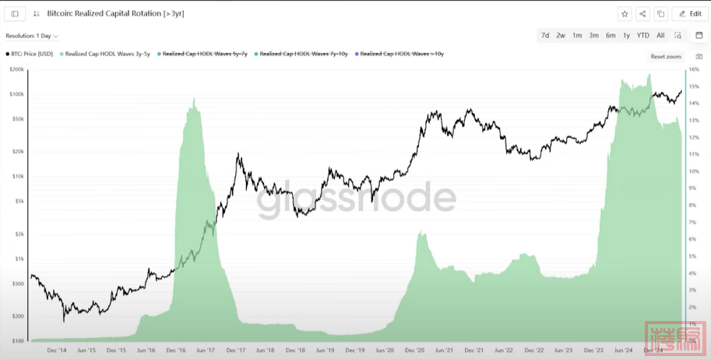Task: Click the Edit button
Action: (x=690, y=14)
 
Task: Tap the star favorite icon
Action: (x=625, y=14)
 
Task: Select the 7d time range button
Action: (x=545, y=35)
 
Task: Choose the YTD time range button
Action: (x=642, y=35)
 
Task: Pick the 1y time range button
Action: (x=626, y=35)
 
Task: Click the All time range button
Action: (x=660, y=35)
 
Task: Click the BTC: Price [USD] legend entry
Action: (x=30, y=54)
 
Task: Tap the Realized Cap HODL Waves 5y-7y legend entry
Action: (x=200, y=54)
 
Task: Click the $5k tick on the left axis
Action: (x=19, y=200)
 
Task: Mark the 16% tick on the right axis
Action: (x=694, y=69)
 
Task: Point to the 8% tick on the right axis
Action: (x=692, y=206)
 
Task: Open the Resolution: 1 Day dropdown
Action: (x=32, y=36)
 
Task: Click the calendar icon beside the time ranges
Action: (x=699, y=35)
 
